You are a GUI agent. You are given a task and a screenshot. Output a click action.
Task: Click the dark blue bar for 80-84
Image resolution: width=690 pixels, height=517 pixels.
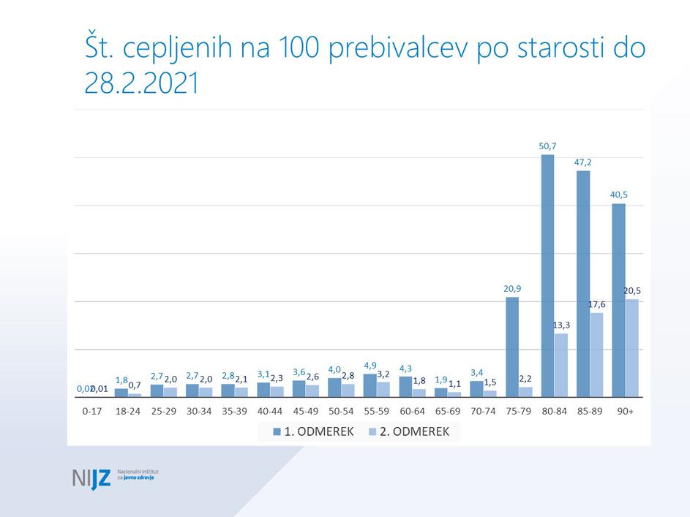coord(547,276)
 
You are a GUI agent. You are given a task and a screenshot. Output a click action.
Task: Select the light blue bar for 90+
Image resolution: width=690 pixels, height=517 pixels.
coord(632,348)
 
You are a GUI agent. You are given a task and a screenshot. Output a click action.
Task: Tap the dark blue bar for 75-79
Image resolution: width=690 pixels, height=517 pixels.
coord(512,347)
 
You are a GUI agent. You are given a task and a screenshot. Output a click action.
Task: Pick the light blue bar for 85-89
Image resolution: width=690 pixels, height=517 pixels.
coord(596,355)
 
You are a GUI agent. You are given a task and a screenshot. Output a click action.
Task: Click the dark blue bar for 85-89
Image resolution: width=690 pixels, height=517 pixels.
coord(583,284)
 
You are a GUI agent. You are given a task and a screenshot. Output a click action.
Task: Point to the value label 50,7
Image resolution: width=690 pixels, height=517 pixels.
coord(547,146)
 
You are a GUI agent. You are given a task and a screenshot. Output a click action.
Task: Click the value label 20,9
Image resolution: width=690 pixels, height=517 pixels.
coord(512,288)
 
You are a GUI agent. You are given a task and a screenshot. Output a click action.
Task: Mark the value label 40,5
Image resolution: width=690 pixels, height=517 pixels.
coord(618,195)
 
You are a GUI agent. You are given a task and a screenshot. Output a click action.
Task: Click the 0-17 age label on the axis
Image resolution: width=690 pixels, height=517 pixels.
coord(91,411)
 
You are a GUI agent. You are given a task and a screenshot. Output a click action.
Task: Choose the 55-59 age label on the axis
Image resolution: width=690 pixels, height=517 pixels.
coord(377,411)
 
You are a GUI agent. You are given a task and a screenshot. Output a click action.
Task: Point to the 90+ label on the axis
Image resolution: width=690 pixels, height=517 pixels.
coord(626,411)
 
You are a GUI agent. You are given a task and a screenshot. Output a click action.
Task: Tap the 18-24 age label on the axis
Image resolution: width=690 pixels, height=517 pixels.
coord(127,411)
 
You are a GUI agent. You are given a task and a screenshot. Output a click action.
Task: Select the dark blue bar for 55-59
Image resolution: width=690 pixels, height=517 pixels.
coord(370,385)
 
